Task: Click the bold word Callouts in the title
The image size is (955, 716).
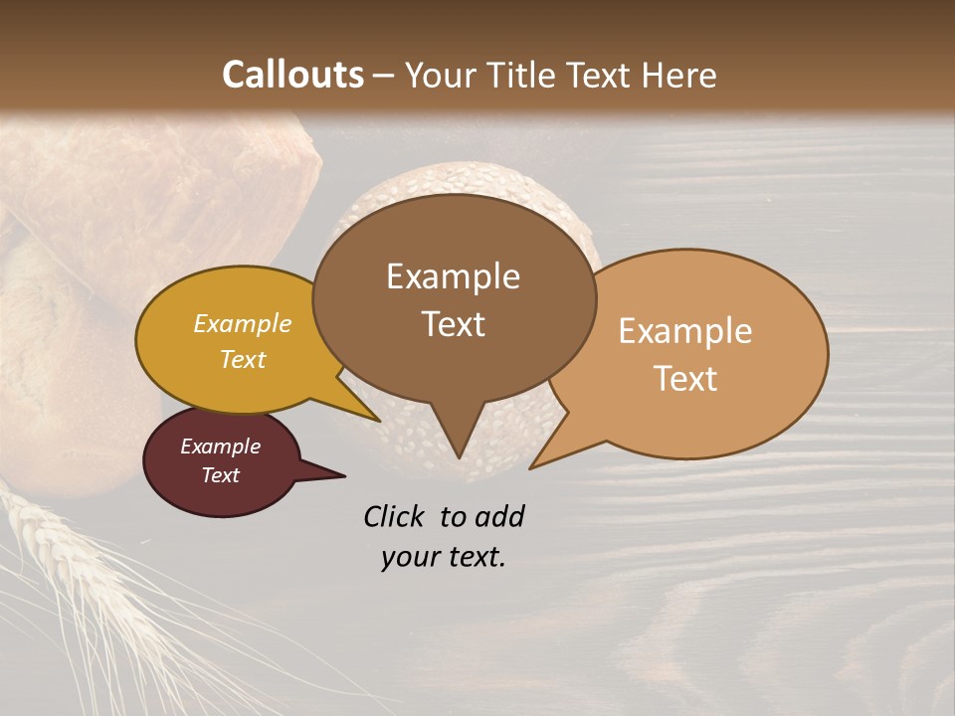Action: pos(292,75)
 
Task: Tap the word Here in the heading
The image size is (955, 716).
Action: pos(679,75)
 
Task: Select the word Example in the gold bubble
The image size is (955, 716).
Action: pos(242,323)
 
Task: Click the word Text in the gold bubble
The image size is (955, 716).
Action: pos(242,359)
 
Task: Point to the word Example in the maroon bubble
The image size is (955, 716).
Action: pos(220,447)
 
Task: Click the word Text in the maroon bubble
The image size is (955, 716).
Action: pos(220,475)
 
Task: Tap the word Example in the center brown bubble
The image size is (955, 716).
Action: pos(453,276)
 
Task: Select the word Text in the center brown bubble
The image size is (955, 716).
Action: pos(453,323)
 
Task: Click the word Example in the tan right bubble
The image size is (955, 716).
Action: pos(684,331)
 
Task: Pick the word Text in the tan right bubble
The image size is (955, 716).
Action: pos(684,378)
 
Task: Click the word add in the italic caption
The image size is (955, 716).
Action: pos(499,516)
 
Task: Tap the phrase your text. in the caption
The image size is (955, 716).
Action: pos(443,557)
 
